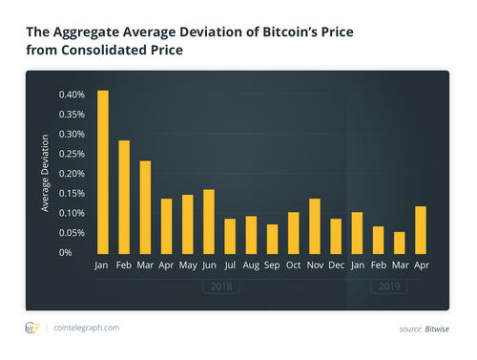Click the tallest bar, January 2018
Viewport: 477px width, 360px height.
coord(103,172)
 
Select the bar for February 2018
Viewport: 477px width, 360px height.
coord(124,197)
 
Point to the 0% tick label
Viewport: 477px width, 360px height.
coord(79,252)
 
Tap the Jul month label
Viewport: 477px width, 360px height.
coord(230,265)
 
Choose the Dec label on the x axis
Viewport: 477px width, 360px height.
coord(336,265)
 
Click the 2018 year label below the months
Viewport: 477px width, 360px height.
coord(219,285)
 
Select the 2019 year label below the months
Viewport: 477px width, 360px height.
coord(387,285)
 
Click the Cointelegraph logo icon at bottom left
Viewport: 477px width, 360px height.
coord(31,328)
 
